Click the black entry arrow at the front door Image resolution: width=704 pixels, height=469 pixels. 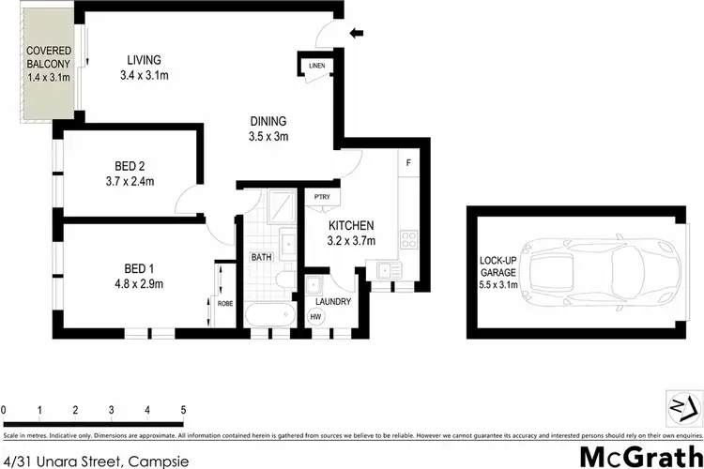coord(357,35)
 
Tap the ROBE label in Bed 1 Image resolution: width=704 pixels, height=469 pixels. coord(224,303)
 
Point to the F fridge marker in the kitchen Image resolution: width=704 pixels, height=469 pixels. coord(408,163)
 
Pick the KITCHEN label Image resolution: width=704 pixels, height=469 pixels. coord(351,226)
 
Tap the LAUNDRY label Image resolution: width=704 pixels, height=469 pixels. coord(333,301)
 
